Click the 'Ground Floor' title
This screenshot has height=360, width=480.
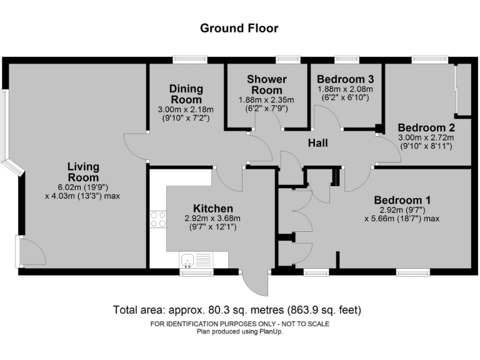239,28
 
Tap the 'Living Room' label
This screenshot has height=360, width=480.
83,171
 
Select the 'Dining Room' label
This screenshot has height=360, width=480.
186,94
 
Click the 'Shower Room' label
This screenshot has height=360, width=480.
266,84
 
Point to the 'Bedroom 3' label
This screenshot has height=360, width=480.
345,79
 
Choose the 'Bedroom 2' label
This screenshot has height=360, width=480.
425,126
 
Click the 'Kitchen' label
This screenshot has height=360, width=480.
213,208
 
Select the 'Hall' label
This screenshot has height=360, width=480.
317,143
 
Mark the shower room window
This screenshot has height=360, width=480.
288,60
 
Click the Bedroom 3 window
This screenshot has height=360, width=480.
346,60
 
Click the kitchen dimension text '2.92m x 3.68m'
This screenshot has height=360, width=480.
212,219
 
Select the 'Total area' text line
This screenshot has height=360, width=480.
237,310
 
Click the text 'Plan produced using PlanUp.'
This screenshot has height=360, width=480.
239,331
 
